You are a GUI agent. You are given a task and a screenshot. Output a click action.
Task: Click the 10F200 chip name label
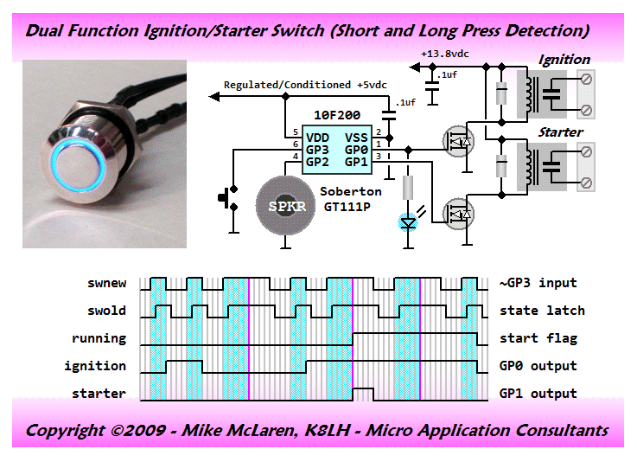337,115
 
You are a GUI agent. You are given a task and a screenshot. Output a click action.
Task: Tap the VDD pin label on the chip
317,138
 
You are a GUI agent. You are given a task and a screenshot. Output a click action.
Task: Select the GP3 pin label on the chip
317,150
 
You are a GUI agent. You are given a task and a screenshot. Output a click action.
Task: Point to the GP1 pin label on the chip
356,162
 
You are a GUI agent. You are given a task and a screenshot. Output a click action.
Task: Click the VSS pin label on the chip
356,138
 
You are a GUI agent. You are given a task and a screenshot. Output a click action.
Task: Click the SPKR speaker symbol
285,206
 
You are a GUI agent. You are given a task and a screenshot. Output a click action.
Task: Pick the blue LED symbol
408,223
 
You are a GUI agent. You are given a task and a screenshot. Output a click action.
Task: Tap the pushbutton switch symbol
229,198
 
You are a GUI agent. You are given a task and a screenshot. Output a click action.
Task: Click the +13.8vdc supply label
445,55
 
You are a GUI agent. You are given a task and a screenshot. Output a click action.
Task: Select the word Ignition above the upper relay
564,60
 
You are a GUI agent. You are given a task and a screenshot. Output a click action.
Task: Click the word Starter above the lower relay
561,132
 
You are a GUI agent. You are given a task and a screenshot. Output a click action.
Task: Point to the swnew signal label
107,283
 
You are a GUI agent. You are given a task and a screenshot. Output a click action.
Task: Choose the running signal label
99,338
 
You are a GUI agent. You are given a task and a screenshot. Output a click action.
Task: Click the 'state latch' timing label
542,311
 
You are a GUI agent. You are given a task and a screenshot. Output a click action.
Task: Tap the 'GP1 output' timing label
538,394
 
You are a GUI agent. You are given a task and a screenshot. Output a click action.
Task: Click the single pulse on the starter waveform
363,394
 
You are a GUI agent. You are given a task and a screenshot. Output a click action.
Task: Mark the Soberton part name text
351,191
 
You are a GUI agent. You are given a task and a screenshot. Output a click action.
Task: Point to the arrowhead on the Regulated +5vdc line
214,96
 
